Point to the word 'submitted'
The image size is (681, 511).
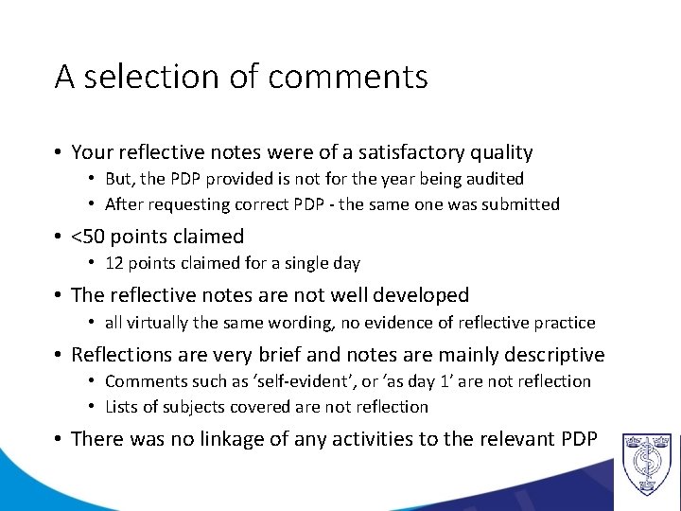(519, 203)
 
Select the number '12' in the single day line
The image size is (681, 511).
(114, 263)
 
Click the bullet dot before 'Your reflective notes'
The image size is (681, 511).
(59, 152)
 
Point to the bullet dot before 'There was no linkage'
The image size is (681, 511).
(59, 439)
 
